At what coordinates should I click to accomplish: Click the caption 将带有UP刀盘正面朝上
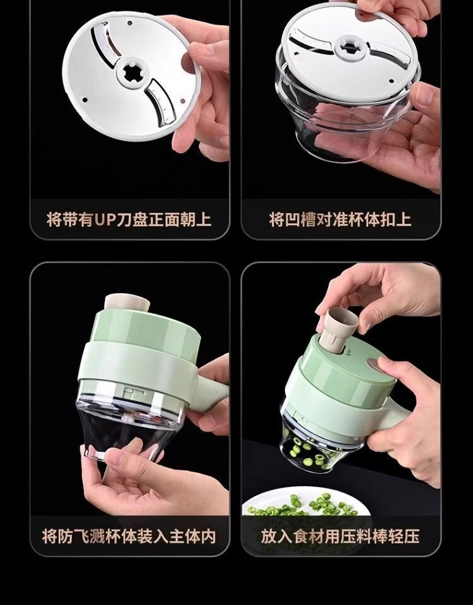point(129,219)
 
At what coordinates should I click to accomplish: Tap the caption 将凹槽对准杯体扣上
point(340,219)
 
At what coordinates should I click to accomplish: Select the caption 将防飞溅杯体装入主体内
point(129,536)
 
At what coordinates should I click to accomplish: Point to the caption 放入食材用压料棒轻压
point(340,536)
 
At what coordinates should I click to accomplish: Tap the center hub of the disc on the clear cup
point(349,48)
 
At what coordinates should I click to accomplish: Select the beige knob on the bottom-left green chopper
point(127,302)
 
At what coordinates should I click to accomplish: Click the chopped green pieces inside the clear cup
point(311,451)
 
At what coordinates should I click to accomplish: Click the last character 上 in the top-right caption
point(404,219)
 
